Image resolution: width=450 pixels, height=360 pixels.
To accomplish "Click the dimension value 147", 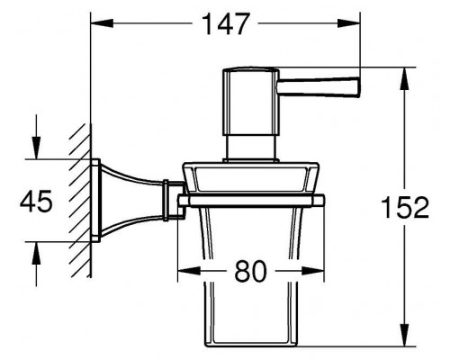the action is point(225,24).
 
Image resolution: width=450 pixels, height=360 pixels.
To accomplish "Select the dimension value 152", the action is point(405,207).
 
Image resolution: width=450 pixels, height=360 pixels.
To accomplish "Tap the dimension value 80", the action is point(250,271).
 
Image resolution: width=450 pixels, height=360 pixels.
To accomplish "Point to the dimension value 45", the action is point(36,202).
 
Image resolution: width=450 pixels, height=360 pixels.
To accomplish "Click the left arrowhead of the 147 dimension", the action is point(102,23).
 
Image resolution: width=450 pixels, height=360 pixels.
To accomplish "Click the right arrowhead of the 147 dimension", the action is point(348,23).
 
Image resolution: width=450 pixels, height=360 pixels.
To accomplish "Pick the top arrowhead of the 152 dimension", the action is point(405,78).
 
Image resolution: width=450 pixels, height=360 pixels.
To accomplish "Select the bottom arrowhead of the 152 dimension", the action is point(405,335).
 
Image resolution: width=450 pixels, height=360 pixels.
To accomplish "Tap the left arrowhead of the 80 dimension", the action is point(189,271).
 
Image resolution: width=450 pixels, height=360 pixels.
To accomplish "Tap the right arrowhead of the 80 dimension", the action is point(313,271).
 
